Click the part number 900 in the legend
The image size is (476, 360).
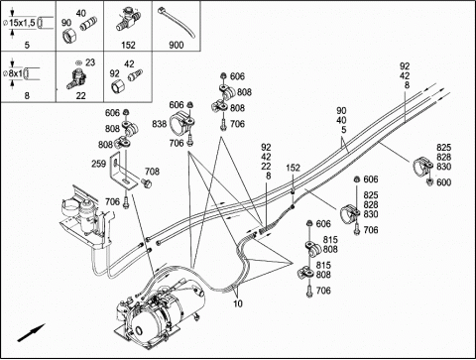tap(177, 45)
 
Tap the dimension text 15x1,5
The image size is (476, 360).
tap(22, 23)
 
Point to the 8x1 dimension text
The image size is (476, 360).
tap(16, 73)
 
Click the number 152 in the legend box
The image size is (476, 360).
tap(128, 45)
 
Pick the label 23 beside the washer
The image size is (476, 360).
tap(90, 62)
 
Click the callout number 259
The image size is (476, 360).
tap(98, 164)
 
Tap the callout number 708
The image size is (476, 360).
tap(152, 172)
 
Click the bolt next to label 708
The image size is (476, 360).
tap(146, 183)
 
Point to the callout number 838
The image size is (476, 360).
tap(160, 124)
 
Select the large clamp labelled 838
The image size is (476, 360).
tap(181, 124)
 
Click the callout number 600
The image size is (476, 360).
tap(443, 182)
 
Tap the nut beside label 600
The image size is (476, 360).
tap(429, 181)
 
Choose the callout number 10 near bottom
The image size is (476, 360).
tap(238, 303)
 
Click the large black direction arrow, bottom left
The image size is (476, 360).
tap(31, 332)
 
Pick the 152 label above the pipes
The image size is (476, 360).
tap(293, 168)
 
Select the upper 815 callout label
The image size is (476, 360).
tap(330, 239)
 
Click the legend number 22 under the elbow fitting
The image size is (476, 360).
tap(80, 96)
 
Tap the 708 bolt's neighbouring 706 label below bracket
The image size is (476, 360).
tap(112, 201)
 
